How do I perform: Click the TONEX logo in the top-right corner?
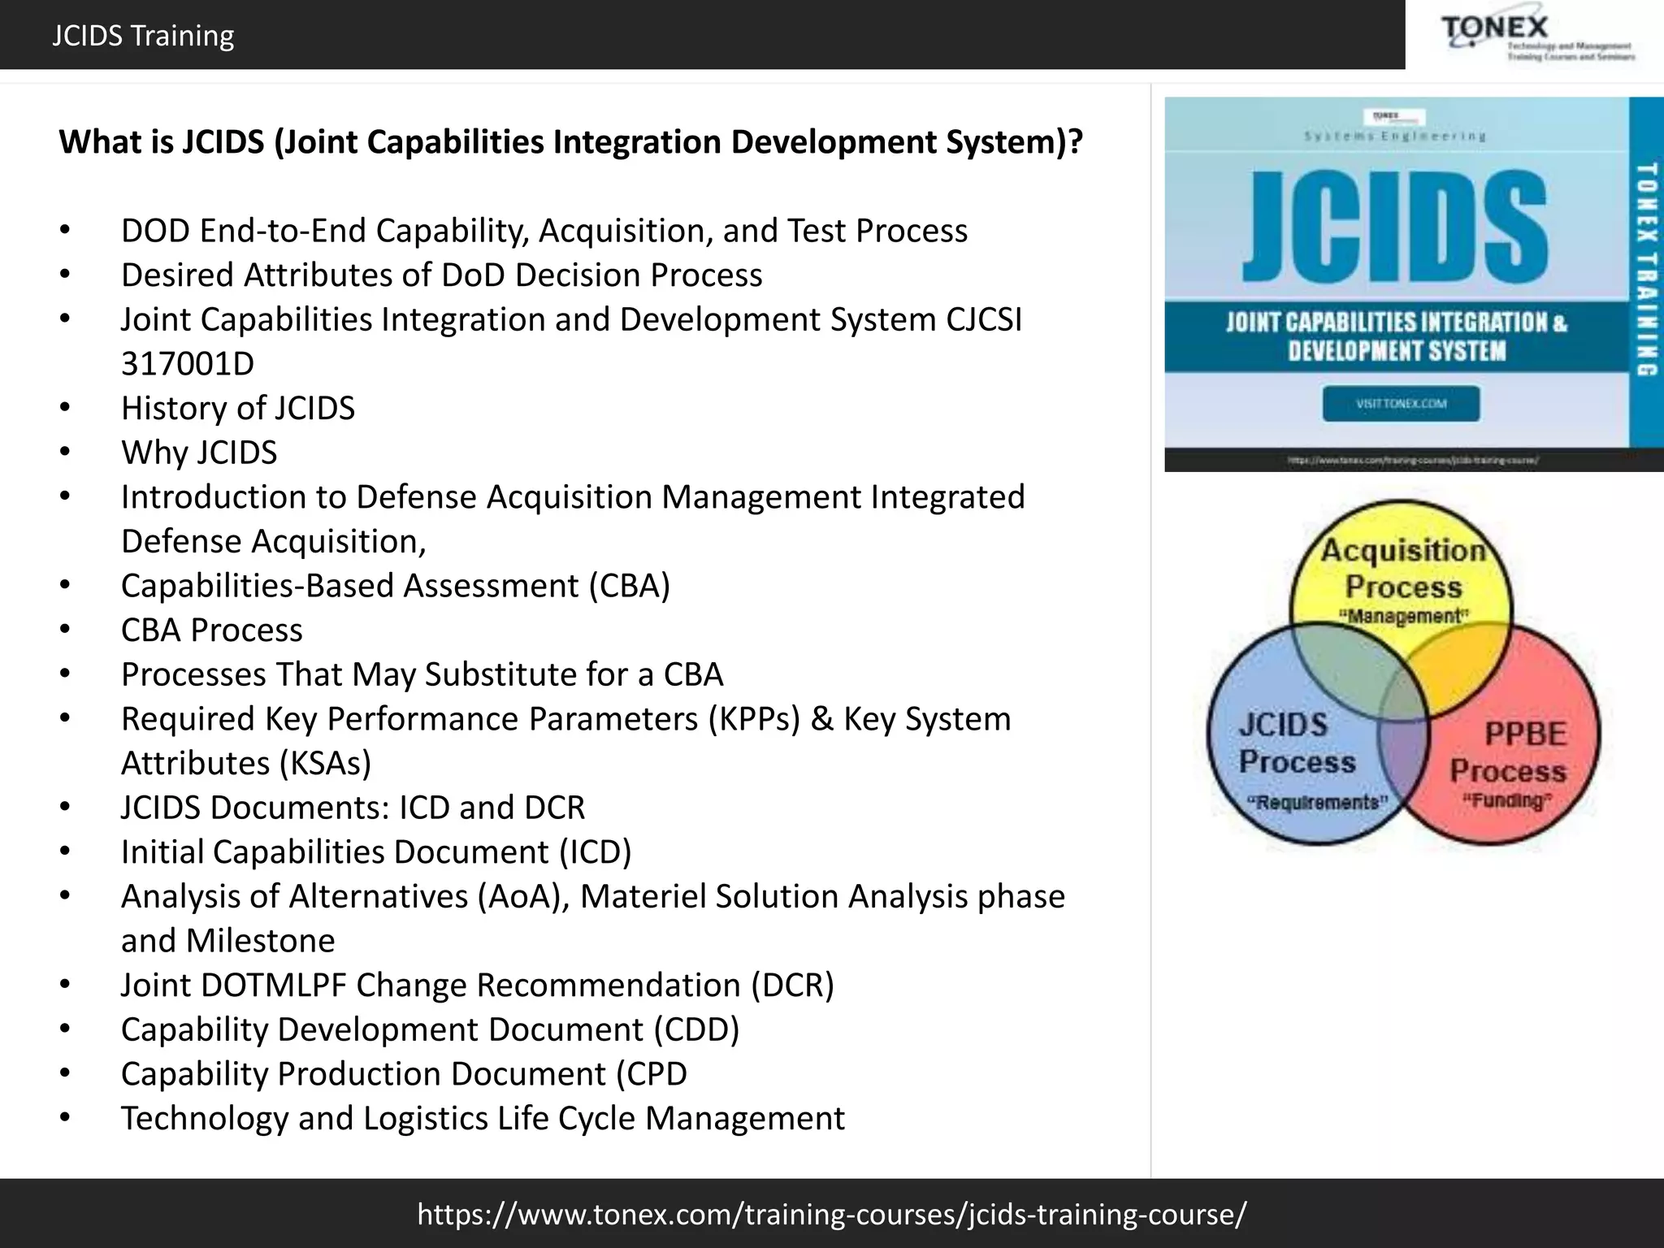1536,37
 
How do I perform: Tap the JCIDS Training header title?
143,36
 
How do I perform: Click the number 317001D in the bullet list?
188,364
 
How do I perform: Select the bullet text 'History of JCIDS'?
238,408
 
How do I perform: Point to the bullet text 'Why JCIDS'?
199,453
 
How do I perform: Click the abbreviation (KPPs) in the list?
754,719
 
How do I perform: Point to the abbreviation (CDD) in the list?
696,1029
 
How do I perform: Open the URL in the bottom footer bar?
831,1214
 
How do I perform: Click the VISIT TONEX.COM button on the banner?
1401,404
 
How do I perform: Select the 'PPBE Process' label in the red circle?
1509,752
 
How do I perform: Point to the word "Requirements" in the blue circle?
1317,803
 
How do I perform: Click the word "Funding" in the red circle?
1507,801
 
